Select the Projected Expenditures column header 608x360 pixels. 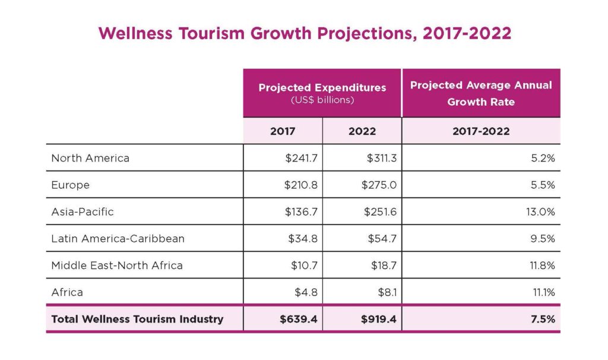click(x=322, y=87)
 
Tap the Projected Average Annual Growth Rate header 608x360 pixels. click(x=481, y=93)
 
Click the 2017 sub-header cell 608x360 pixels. click(x=283, y=131)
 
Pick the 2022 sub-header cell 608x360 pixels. click(x=362, y=131)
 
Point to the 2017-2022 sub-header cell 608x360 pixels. click(x=481, y=131)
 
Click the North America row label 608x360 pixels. click(x=90, y=158)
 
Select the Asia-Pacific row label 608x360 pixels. click(x=83, y=211)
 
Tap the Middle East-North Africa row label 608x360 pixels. click(x=117, y=265)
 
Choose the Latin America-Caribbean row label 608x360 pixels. click(x=118, y=238)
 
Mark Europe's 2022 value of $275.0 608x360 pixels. click(x=379, y=185)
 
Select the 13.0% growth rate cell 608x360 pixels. click(x=540, y=211)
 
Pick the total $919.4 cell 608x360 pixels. click(x=378, y=319)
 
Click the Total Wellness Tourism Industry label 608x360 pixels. click(x=137, y=319)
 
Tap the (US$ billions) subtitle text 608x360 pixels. click(x=322, y=100)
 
